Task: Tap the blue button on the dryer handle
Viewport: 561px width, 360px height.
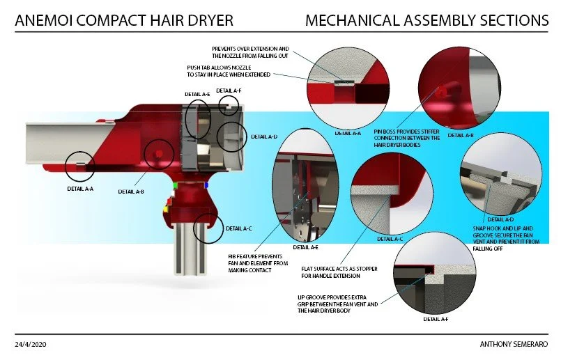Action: tap(206, 186)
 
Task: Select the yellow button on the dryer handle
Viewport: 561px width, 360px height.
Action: tap(164, 208)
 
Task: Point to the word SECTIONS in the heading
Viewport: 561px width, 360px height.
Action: tap(513, 21)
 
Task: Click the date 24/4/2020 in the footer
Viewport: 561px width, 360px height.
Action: tap(31, 345)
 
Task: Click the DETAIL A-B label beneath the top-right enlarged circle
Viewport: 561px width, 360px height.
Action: tap(461, 135)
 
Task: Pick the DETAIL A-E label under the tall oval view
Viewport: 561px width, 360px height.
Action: tap(307, 246)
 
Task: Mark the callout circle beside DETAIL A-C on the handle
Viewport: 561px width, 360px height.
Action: tap(208, 228)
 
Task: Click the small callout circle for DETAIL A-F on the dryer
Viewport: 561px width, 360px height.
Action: tap(229, 105)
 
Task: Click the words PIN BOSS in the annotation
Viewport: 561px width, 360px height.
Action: tap(386, 131)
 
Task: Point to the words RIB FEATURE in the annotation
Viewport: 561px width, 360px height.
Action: tap(244, 256)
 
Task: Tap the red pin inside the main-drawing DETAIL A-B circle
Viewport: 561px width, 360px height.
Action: tap(159, 153)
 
